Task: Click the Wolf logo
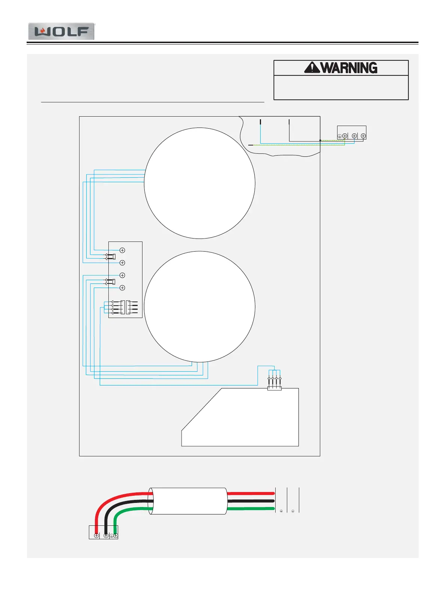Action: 61,31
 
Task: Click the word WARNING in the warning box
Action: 349,68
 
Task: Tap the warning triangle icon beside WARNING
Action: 312,68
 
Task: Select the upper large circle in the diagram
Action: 199,183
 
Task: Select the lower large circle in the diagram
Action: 199,306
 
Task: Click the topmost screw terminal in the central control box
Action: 122,250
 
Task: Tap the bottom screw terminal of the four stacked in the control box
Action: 122,288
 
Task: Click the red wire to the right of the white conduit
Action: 251,493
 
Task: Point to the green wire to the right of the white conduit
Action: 251,509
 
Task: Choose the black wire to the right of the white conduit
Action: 251,501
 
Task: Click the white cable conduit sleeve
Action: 188,501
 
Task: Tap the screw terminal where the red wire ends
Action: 96,535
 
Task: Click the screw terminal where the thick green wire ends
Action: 115,535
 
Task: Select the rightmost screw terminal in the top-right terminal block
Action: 363,136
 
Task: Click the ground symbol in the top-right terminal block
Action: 339,136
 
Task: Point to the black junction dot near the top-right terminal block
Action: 320,141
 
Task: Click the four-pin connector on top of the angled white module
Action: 274,388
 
